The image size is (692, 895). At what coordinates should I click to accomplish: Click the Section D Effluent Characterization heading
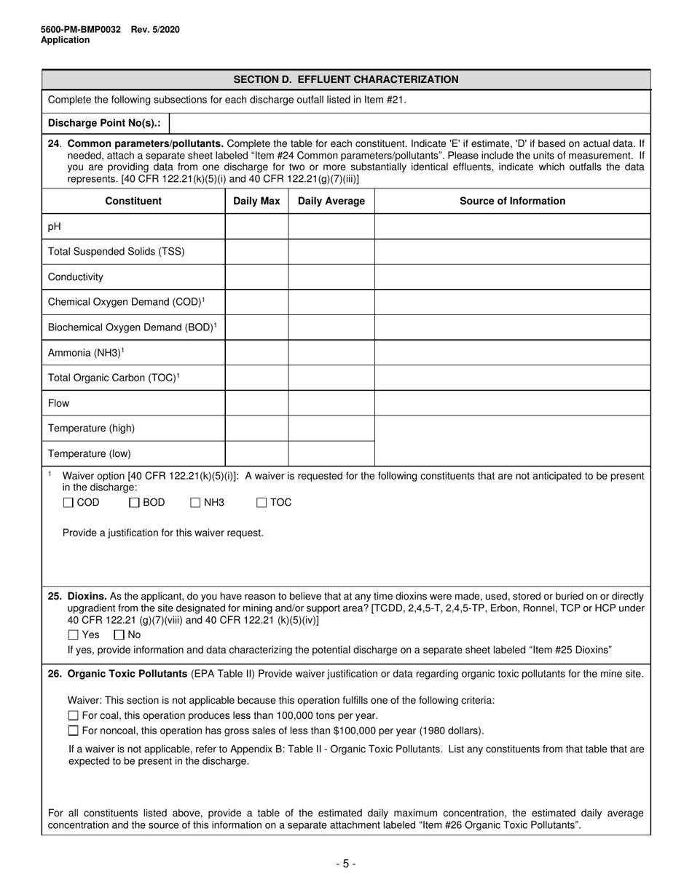(x=345, y=79)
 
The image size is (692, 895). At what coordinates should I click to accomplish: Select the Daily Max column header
(x=256, y=202)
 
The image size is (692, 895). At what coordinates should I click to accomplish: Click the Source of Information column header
(x=512, y=202)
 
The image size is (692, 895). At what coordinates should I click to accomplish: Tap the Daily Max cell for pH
(x=256, y=227)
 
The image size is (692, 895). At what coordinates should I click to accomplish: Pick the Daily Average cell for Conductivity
(x=331, y=277)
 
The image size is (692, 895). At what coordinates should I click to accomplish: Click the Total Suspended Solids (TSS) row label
(x=117, y=252)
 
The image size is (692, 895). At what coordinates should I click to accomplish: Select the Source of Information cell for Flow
(x=512, y=403)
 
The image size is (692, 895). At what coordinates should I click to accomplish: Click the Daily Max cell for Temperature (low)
(x=256, y=453)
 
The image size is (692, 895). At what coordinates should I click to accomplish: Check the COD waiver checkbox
(x=68, y=503)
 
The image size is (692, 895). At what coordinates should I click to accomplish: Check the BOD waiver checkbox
(x=134, y=503)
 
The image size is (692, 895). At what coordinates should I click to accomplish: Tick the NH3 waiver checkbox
(x=195, y=503)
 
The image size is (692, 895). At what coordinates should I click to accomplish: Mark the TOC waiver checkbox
(x=262, y=503)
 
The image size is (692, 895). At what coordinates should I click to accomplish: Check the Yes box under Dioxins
(x=73, y=635)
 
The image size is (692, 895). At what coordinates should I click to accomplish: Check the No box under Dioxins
(x=119, y=635)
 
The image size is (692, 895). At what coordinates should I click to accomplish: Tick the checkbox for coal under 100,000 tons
(x=73, y=716)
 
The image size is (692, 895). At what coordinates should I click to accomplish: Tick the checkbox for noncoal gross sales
(x=73, y=731)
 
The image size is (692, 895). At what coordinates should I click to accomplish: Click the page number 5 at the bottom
(x=345, y=864)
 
